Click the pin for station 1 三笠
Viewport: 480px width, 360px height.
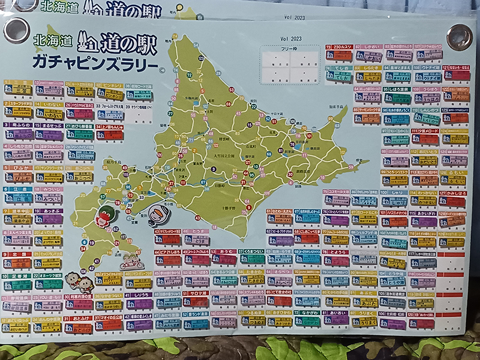tap(18, 90)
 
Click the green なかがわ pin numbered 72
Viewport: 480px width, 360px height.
tap(307, 322)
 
